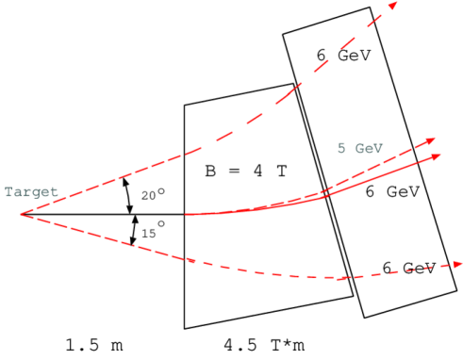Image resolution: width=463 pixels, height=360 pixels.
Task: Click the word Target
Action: click(31, 192)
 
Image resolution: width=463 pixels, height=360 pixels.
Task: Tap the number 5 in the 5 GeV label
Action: click(342, 149)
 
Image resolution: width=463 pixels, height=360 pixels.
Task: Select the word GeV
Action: click(370, 149)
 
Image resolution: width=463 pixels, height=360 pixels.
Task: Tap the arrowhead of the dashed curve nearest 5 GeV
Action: click(431, 140)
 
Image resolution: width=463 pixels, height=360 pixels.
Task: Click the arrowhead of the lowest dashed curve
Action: click(456, 265)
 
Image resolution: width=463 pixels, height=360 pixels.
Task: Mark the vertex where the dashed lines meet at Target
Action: click(21, 215)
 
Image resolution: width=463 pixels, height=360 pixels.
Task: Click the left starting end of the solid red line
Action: click(186, 214)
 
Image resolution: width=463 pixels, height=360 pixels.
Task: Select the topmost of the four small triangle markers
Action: click(125, 181)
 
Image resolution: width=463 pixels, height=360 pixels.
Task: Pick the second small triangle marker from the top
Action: click(130, 209)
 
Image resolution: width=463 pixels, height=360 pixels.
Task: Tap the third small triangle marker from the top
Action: click(135, 221)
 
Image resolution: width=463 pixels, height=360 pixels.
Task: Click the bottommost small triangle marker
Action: click(133, 241)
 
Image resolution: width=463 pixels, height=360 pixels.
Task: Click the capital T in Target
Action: click(8, 192)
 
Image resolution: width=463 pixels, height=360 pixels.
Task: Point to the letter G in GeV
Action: click(359, 149)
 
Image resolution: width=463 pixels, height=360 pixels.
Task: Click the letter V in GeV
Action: click(381, 149)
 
